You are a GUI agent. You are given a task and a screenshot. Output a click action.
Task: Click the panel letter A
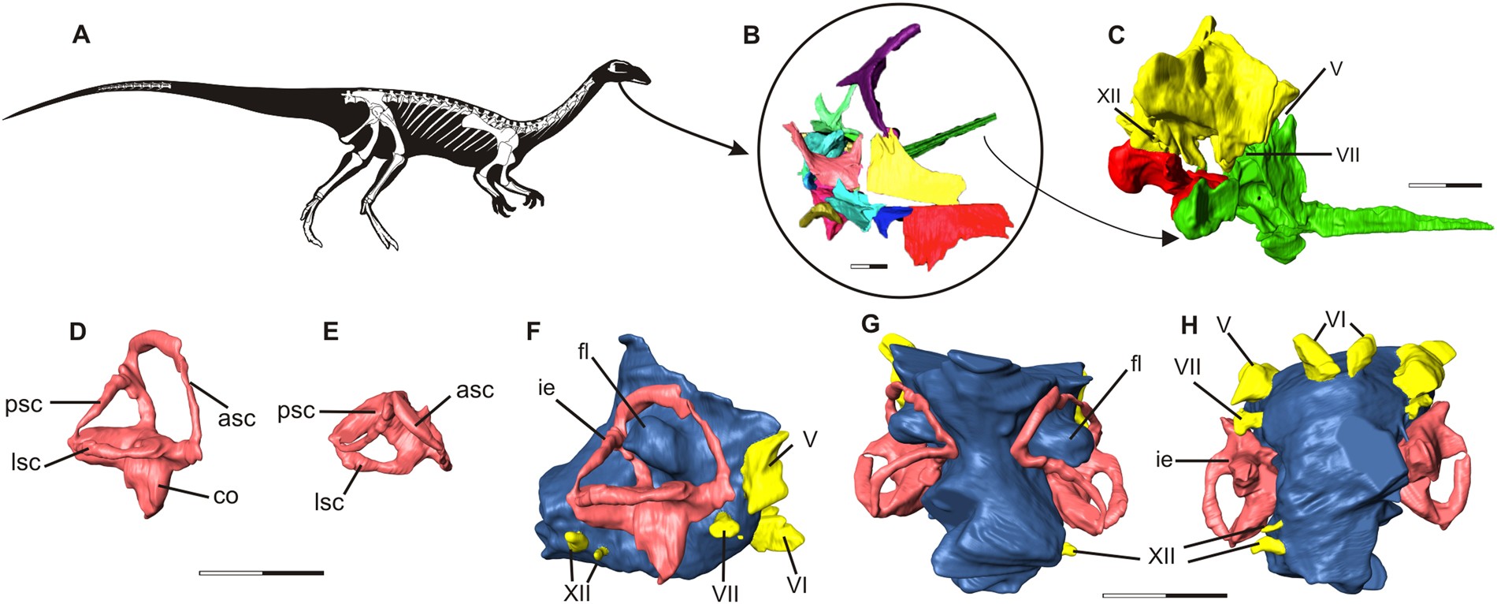(x=80, y=35)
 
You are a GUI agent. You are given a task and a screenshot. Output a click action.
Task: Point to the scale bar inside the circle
(x=869, y=267)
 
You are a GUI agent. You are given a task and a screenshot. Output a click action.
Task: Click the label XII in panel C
(x=1109, y=96)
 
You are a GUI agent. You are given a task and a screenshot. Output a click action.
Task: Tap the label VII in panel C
(x=1348, y=155)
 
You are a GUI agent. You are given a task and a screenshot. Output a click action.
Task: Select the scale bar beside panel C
(x=1445, y=185)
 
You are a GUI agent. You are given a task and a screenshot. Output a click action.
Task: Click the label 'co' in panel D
(x=225, y=496)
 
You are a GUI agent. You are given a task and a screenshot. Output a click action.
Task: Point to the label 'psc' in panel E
(x=295, y=411)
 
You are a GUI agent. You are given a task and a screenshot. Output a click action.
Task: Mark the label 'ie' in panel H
(x=1164, y=458)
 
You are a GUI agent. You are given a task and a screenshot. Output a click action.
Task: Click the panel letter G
(x=870, y=325)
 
